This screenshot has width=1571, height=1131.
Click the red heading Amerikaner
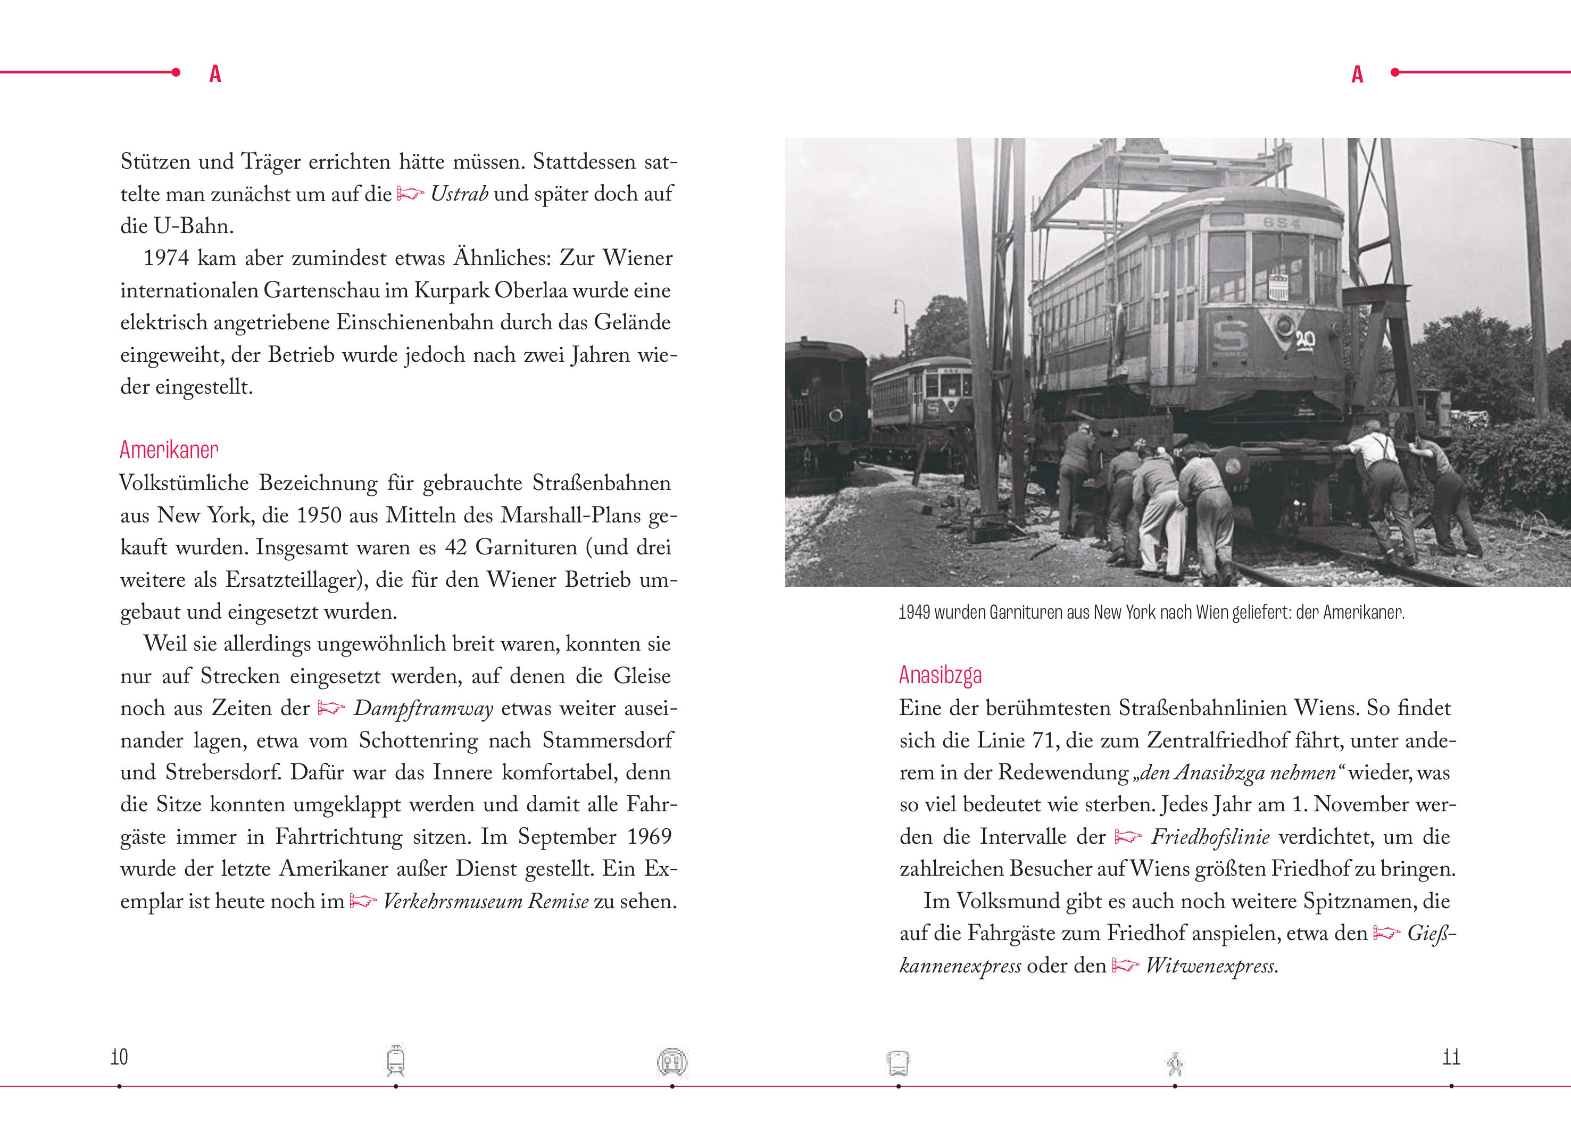pyautogui.click(x=169, y=450)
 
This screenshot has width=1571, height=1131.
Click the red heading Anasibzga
pyautogui.click(x=940, y=675)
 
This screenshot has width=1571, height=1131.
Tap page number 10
pyautogui.click(x=119, y=1057)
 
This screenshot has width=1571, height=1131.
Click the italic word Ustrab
pyautogui.click(x=459, y=194)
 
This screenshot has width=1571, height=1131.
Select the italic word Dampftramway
pyautogui.click(x=423, y=709)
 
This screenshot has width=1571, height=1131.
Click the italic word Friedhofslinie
pyautogui.click(x=1210, y=837)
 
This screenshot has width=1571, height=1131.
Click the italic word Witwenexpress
pyautogui.click(x=1211, y=966)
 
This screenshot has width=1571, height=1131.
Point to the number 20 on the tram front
pyautogui.click(x=1305, y=339)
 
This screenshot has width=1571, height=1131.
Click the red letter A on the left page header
pyautogui.click(x=215, y=74)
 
